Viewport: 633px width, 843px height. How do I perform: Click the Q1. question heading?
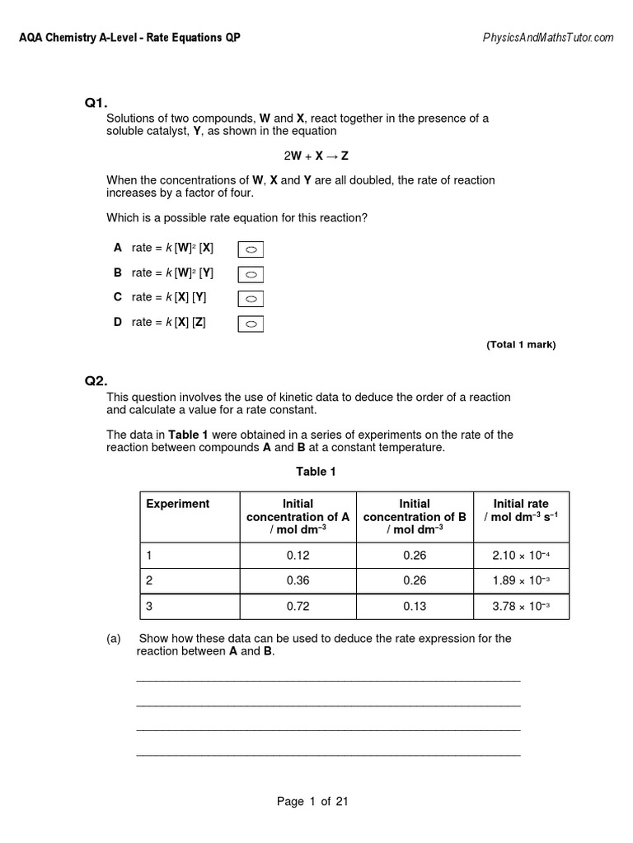coord(96,103)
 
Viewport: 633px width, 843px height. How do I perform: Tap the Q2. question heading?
coord(96,380)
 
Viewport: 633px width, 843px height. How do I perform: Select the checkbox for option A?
coord(251,249)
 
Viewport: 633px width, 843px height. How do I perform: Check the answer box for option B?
coord(251,274)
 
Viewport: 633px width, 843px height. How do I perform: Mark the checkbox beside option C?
coord(251,299)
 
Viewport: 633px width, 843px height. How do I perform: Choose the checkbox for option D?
coord(251,324)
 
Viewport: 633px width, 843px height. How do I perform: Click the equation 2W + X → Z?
coord(316,156)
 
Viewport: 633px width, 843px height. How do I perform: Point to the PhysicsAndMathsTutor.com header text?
coord(547,38)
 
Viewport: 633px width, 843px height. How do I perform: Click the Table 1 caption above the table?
coord(316,472)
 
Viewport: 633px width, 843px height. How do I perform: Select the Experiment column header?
coord(178,504)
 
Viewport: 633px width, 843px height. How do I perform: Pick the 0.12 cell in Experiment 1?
coord(298,556)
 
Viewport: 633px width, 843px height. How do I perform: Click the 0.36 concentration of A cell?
coord(298,580)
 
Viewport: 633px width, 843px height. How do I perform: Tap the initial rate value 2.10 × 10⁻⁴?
coord(521,556)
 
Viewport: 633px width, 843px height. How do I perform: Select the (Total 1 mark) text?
coord(521,345)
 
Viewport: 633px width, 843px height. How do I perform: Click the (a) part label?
coord(114,638)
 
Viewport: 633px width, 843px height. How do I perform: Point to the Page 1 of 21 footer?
coord(312,802)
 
